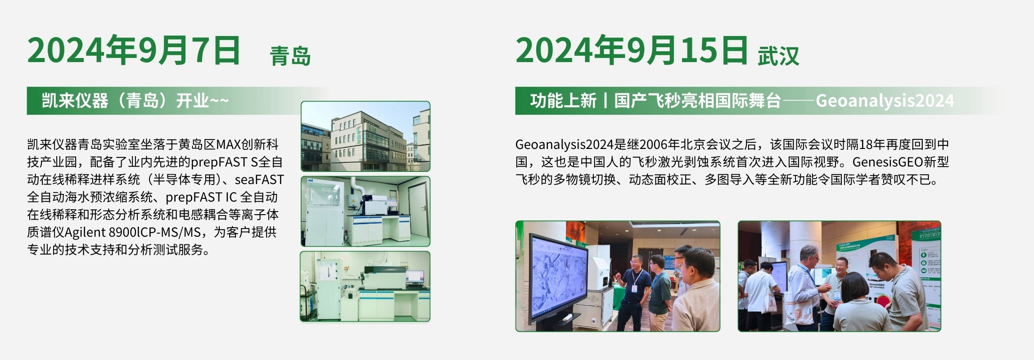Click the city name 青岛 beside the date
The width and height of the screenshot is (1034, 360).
pos(290,56)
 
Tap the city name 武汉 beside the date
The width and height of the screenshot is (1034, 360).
pos(778,56)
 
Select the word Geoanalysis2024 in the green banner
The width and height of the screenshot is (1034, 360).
pos(885,100)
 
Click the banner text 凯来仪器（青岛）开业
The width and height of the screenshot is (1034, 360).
pos(125,100)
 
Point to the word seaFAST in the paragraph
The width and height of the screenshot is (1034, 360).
pos(259,180)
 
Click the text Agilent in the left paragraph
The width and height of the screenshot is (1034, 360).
pos(85,232)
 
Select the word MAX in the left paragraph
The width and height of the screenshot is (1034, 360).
pos(229,144)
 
